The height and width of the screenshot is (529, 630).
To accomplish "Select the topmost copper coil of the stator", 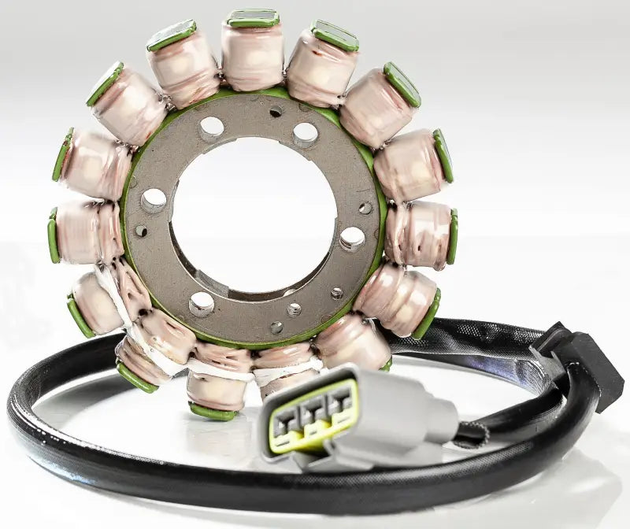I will pos(252,52).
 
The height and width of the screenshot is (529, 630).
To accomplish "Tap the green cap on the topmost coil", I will pos(253,18).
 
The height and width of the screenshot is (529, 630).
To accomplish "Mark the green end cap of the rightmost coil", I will pos(452,235).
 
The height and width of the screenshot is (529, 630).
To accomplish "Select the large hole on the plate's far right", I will pos(352,238).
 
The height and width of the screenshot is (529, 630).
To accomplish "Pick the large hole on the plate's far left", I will pos(154,200).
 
